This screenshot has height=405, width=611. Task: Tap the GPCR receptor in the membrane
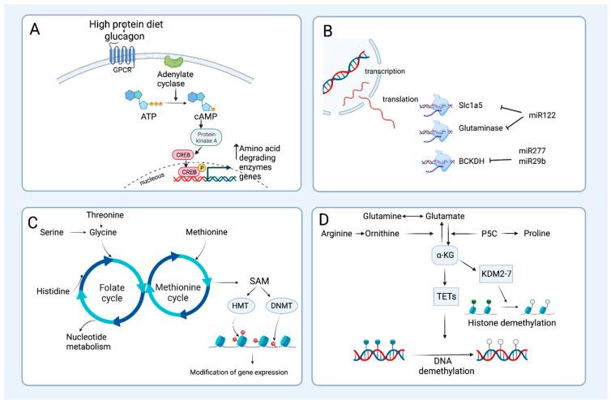[119, 54]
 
